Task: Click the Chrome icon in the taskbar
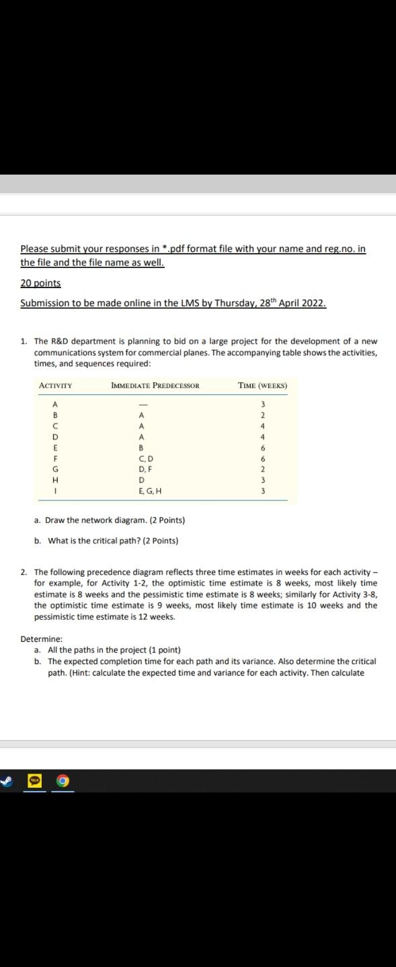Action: (64, 781)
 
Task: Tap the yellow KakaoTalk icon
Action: (34, 781)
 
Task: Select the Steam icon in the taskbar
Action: (6, 781)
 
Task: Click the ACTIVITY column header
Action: (56, 385)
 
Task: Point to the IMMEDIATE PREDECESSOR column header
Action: (155, 385)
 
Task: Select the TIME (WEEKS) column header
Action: (262, 385)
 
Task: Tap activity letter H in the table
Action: (55, 480)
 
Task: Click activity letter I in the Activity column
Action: (55, 491)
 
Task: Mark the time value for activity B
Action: (263, 415)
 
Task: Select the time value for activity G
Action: (263, 469)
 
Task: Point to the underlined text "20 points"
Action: (40, 283)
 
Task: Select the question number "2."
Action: (24, 572)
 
